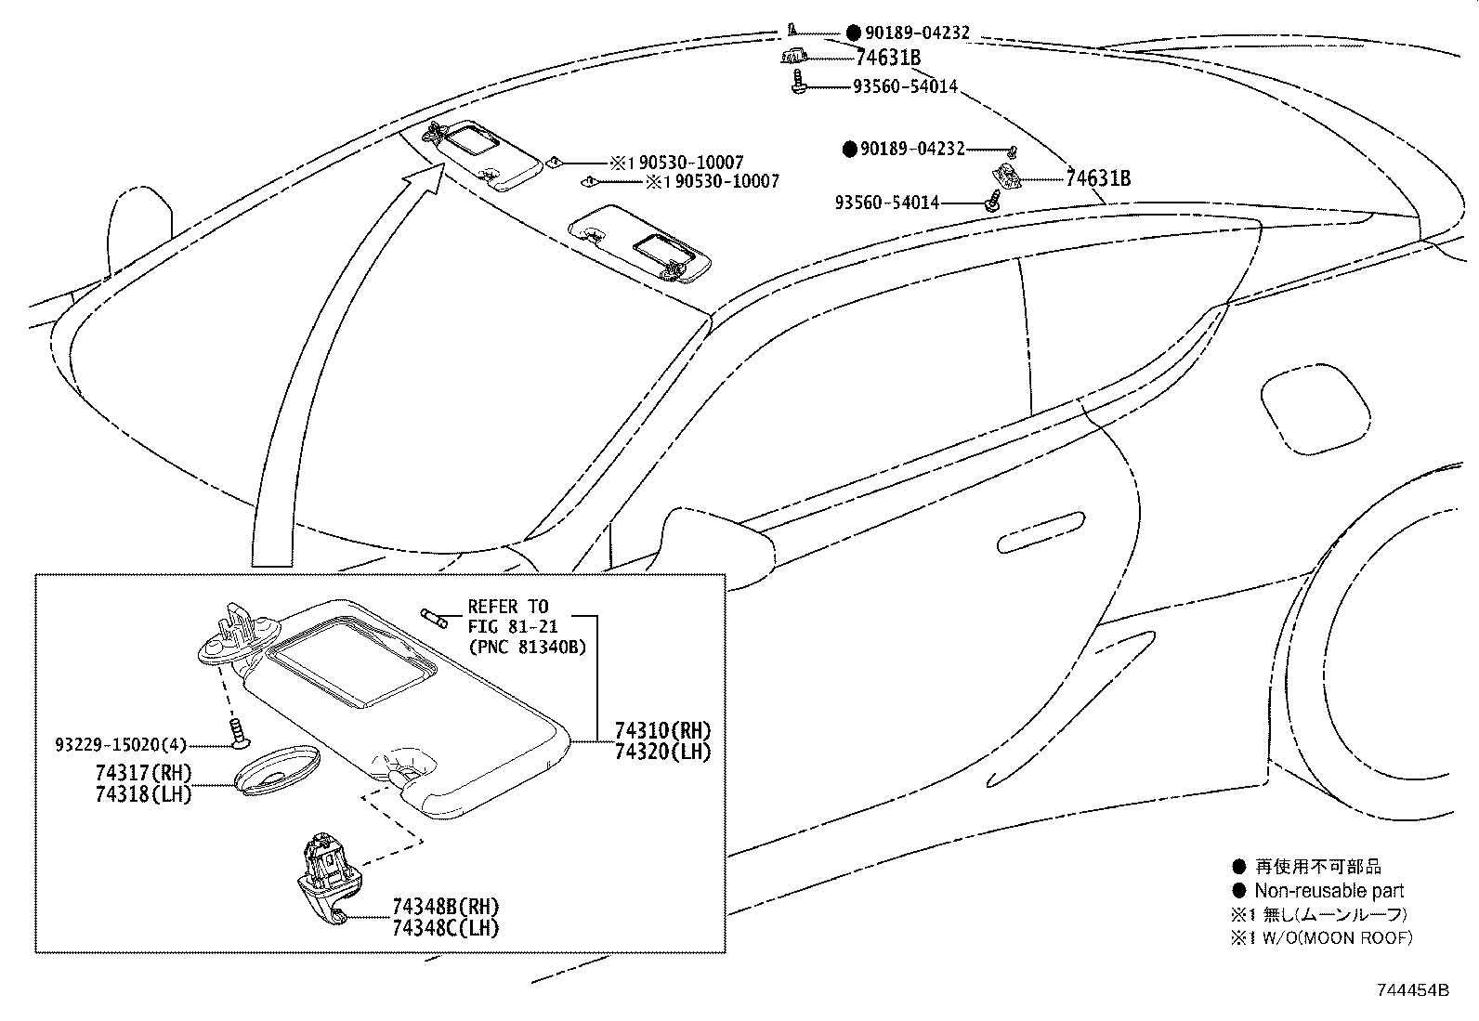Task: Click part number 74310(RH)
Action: pyautogui.click(x=662, y=730)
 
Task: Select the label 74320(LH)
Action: pyautogui.click(x=662, y=752)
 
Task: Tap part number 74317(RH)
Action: pyautogui.click(x=143, y=773)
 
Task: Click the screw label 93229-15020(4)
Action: pyautogui.click(x=121, y=744)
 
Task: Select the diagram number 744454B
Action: pyautogui.click(x=1411, y=989)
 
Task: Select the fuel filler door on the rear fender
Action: pyautogui.click(x=1314, y=406)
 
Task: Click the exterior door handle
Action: pyautogui.click(x=1040, y=532)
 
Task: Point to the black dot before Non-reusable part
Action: pyautogui.click(x=1238, y=890)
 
